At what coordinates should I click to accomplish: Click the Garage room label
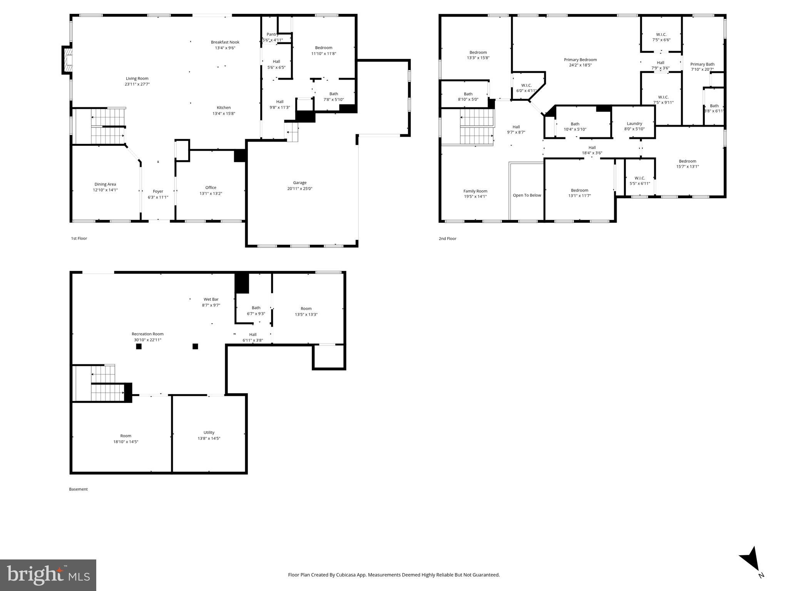[x=299, y=183]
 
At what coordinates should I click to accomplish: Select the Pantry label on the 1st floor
[x=272, y=34]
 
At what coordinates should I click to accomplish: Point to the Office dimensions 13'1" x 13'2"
[x=211, y=194]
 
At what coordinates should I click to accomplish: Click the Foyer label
[x=158, y=191]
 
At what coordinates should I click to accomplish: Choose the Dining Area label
[x=105, y=184]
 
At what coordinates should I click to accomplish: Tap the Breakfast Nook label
[x=225, y=42]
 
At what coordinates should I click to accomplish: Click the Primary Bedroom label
[x=580, y=60]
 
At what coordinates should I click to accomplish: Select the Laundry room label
[x=634, y=124]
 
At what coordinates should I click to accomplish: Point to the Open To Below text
[x=527, y=195]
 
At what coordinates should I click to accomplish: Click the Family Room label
[x=475, y=191]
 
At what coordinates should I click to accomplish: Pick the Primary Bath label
[x=702, y=64]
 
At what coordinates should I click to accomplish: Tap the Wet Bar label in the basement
[x=211, y=299]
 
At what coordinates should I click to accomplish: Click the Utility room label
[x=209, y=432]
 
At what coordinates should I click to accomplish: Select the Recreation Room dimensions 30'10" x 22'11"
[x=147, y=340]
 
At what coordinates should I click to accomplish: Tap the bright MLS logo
[x=48, y=574]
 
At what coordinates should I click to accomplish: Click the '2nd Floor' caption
[x=447, y=239]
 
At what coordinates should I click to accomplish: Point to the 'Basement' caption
[x=78, y=489]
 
